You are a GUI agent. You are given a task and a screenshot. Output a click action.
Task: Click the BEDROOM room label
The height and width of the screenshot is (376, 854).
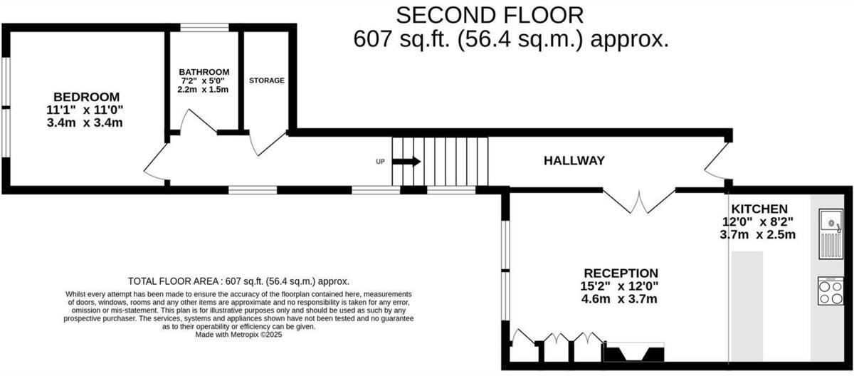coord(87,97)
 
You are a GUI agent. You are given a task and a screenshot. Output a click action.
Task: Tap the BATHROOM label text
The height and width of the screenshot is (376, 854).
coord(204,72)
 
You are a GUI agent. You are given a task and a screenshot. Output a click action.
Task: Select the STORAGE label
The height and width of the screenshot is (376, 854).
coord(267,80)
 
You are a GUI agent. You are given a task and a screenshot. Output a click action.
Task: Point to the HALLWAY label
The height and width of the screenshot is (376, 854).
coord(574,161)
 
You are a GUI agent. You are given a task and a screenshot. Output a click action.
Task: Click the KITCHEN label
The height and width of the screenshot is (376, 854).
coord(760,209)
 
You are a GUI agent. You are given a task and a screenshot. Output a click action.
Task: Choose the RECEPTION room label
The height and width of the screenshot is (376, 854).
coord(621,273)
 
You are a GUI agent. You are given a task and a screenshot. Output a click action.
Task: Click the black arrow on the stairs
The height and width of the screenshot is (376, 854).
coord(406,162)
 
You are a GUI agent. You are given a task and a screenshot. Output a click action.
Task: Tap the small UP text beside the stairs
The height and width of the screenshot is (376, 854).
coord(380,162)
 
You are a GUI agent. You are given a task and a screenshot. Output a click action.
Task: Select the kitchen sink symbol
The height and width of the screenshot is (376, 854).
coord(831,233)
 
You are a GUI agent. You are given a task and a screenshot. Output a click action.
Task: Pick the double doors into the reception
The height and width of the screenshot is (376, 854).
coord(638,201)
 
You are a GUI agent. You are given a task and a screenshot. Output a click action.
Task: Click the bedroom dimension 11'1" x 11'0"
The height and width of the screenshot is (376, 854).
coord(87,110)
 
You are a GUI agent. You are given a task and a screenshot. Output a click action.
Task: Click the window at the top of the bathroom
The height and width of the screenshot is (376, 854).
coord(204,28)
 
